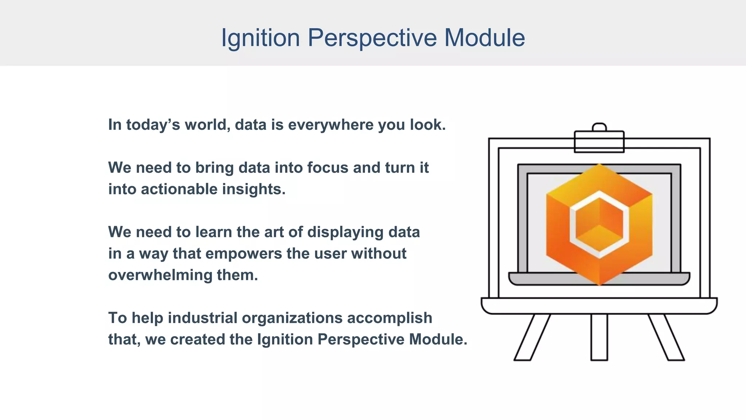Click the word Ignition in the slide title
[260, 38]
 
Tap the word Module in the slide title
[484, 38]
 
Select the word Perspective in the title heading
[372, 38]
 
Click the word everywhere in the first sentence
[331, 125]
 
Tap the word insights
[254, 189]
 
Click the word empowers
[244, 254]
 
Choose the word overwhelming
[160, 275]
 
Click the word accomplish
[389, 318]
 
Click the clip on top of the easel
[599, 141]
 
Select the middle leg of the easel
[599, 337]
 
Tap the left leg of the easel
[532, 337]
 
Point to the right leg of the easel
[666, 337]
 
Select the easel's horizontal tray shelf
[599, 306]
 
